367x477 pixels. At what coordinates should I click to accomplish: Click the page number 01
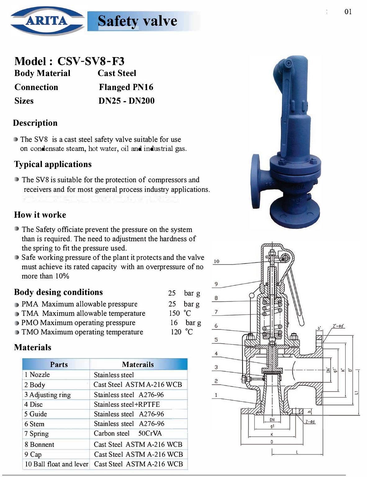point(348,12)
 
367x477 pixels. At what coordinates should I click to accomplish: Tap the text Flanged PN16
point(126,87)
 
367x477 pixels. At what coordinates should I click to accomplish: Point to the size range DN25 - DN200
point(126,101)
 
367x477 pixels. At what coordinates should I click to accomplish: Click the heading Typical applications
point(53,164)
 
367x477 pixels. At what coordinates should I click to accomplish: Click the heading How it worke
point(40,215)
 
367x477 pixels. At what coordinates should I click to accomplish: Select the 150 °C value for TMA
point(180,313)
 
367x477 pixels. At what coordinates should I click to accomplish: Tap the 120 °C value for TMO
point(182,332)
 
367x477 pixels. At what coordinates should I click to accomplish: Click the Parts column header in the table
point(59,364)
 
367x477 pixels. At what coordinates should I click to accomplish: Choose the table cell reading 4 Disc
point(34,404)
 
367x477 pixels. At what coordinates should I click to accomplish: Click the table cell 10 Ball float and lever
point(57,464)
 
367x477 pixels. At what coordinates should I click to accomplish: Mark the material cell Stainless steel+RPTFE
point(127,404)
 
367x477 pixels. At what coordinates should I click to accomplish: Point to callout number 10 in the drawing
point(216,261)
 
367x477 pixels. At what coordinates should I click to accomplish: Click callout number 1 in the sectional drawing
point(216,395)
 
